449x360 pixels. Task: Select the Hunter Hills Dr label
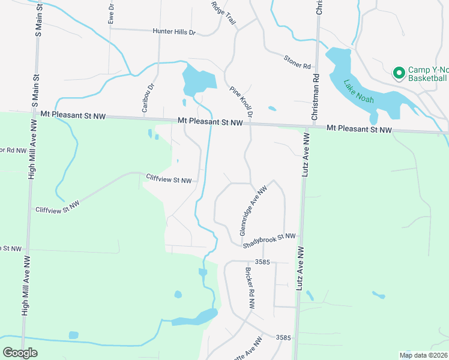[x=174, y=32]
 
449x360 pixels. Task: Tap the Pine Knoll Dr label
[x=242, y=101]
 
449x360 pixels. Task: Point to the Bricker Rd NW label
[x=249, y=288]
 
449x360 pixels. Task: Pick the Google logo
[x=20, y=353]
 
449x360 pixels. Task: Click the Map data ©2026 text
[x=423, y=355]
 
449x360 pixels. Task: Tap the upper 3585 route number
[x=263, y=262]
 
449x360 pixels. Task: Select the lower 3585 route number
[x=284, y=338]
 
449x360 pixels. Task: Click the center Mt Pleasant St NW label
[x=210, y=121]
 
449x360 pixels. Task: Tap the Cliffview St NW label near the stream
[x=169, y=178]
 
